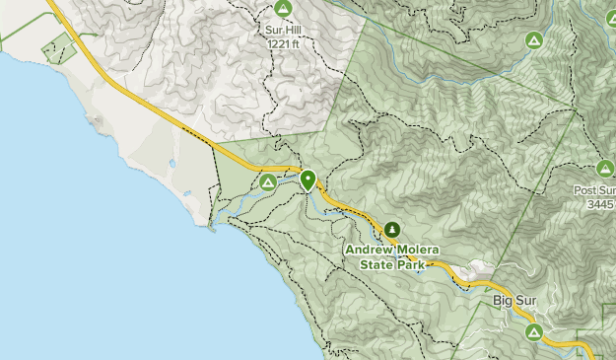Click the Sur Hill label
284,30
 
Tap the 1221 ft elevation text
284,42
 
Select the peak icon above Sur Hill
284,9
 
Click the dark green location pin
308,180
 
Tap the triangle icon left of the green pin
268,182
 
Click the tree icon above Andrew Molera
393,230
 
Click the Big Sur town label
513,298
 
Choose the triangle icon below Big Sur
534,331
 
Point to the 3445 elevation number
601,204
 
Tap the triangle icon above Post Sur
605,170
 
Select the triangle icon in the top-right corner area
533,40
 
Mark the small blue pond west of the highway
173,163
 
